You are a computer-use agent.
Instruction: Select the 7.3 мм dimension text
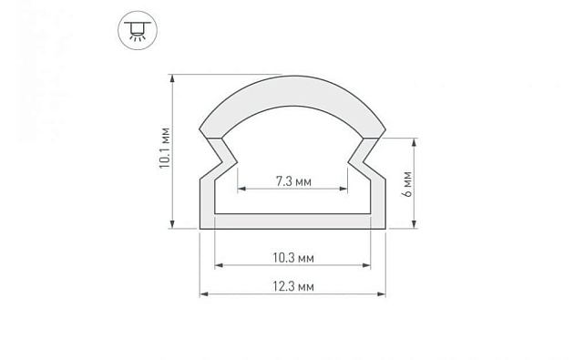coord(292,182)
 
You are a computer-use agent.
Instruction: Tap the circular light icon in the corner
coord(135,30)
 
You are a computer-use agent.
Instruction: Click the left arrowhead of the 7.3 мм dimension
coord(241,190)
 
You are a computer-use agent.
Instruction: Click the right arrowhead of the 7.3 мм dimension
coord(345,190)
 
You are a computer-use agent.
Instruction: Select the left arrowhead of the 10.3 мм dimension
coord(218,266)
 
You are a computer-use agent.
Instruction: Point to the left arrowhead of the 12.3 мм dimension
coord(203,294)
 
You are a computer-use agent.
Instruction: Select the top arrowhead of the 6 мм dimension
coord(416,142)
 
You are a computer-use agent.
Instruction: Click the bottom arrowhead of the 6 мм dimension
coord(416,225)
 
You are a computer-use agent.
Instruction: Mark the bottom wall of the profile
coord(292,221)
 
